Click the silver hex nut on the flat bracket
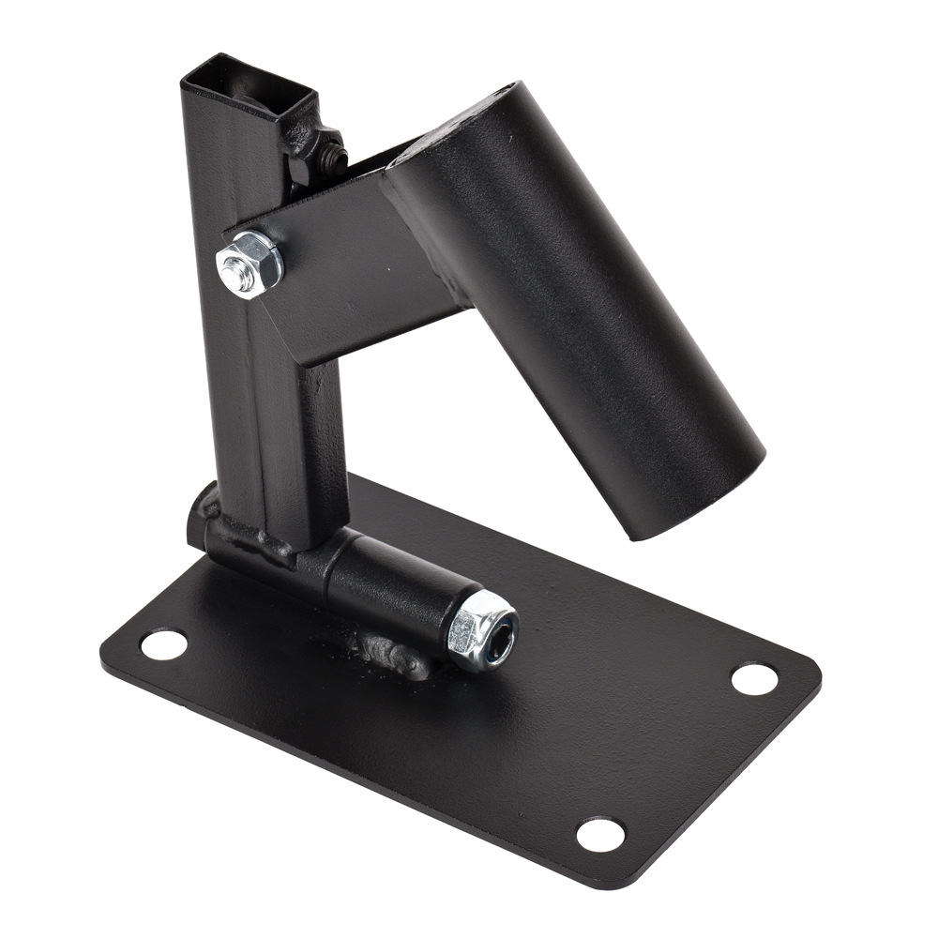[x=250, y=264]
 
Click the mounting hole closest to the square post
[x=163, y=643]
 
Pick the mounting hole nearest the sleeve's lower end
[x=753, y=678]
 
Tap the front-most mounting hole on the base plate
[x=599, y=833]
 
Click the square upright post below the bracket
[x=277, y=441]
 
